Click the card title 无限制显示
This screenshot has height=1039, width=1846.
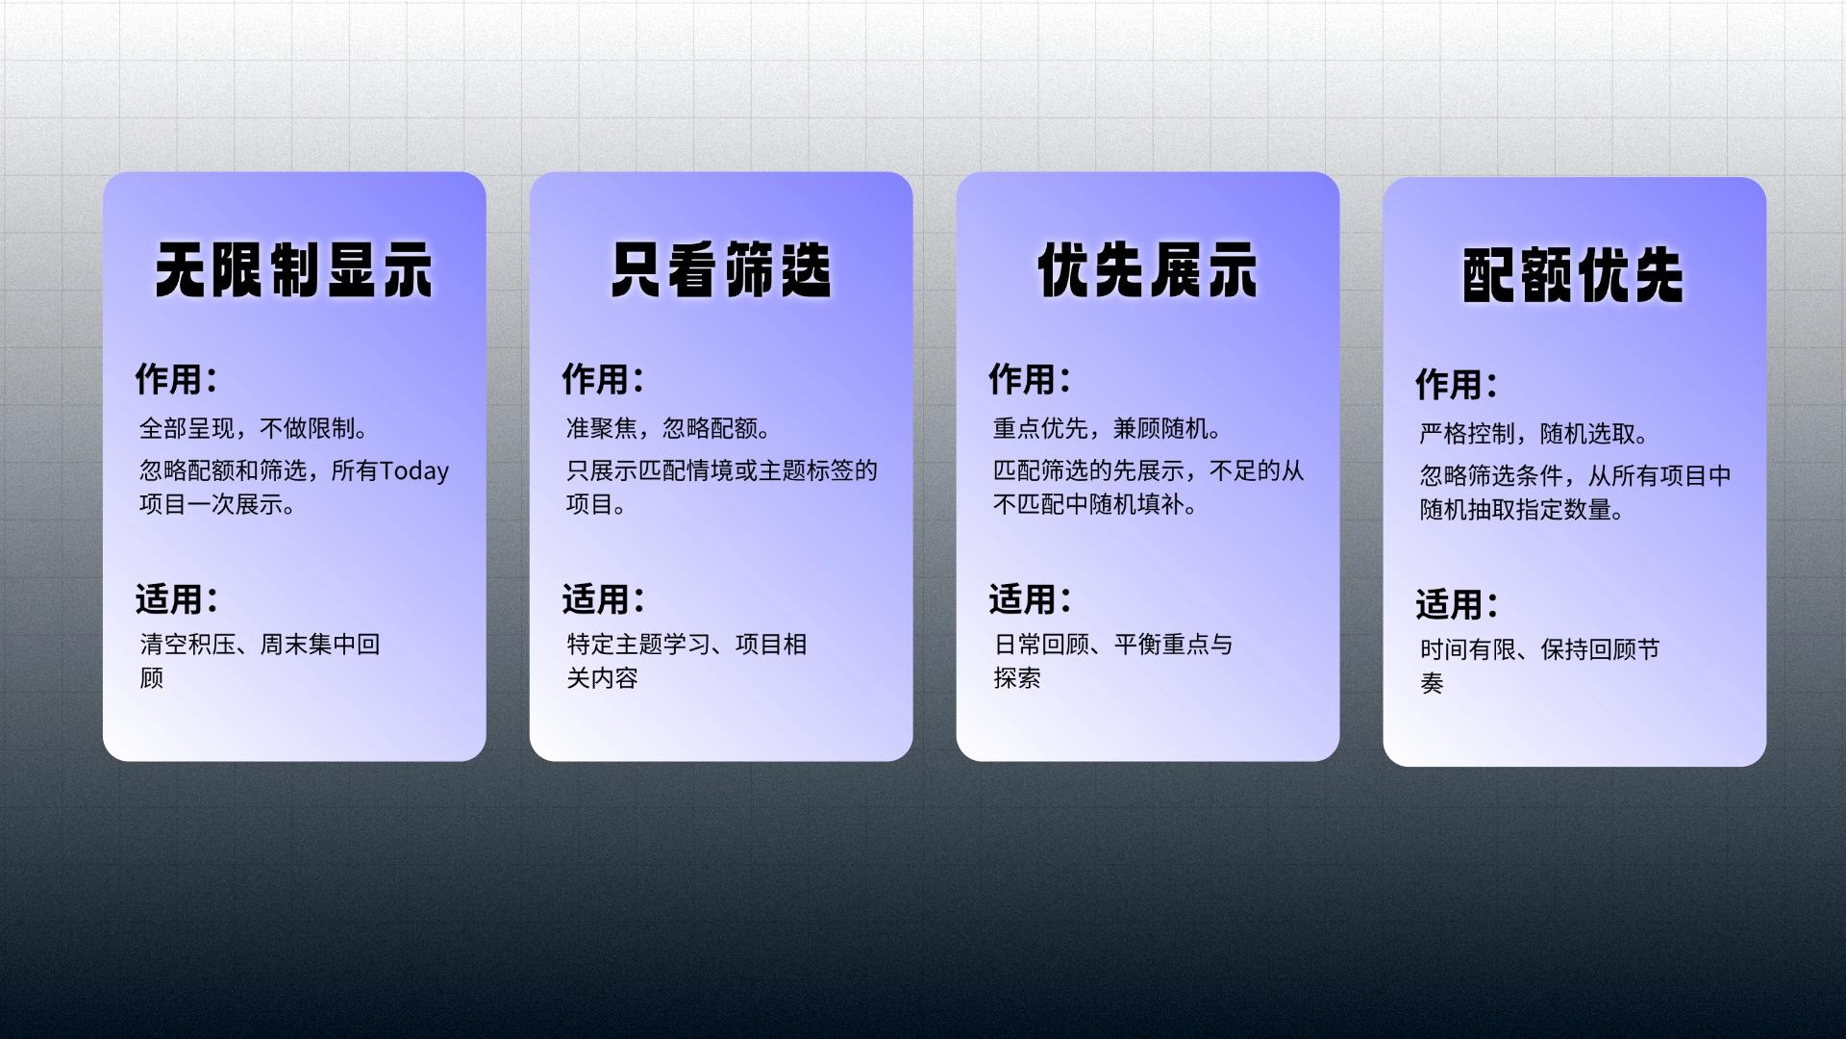pos(294,270)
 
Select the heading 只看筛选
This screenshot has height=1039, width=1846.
pos(721,270)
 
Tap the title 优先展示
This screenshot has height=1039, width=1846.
pos(1148,270)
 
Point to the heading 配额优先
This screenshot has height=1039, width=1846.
pos(1574,276)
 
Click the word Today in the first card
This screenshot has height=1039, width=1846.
pos(414,471)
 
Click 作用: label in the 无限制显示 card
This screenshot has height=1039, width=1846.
pos(176,379)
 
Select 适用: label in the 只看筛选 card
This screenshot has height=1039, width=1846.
pos(603,599)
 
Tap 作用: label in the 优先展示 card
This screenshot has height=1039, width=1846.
pos(1030,379)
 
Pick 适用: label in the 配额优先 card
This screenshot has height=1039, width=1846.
pos(1457,605)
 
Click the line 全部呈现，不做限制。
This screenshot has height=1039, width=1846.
pos(255,428)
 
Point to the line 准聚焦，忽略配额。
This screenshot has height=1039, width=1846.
pos(669,428)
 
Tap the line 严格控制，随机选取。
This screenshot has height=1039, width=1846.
pos(1534,434)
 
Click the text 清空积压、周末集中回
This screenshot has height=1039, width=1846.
pos(261,645)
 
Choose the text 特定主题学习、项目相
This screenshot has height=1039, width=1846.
pos(687,645)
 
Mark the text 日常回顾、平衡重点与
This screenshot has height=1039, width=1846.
pos(1113,645)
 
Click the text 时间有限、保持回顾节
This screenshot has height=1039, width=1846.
pos(1540,650)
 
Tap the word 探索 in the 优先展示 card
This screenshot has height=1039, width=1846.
pos(1017,678)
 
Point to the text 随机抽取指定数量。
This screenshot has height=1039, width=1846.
pos(1523,510)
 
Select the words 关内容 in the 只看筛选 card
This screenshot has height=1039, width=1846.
pos(603,678)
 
